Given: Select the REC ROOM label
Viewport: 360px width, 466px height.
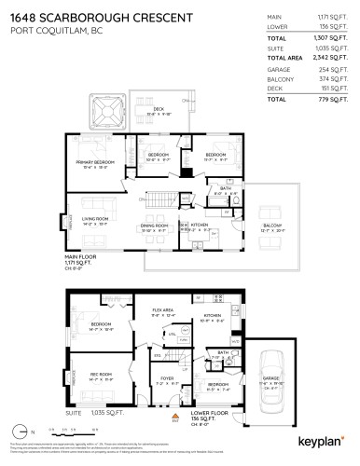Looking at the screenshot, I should pos(100,376).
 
